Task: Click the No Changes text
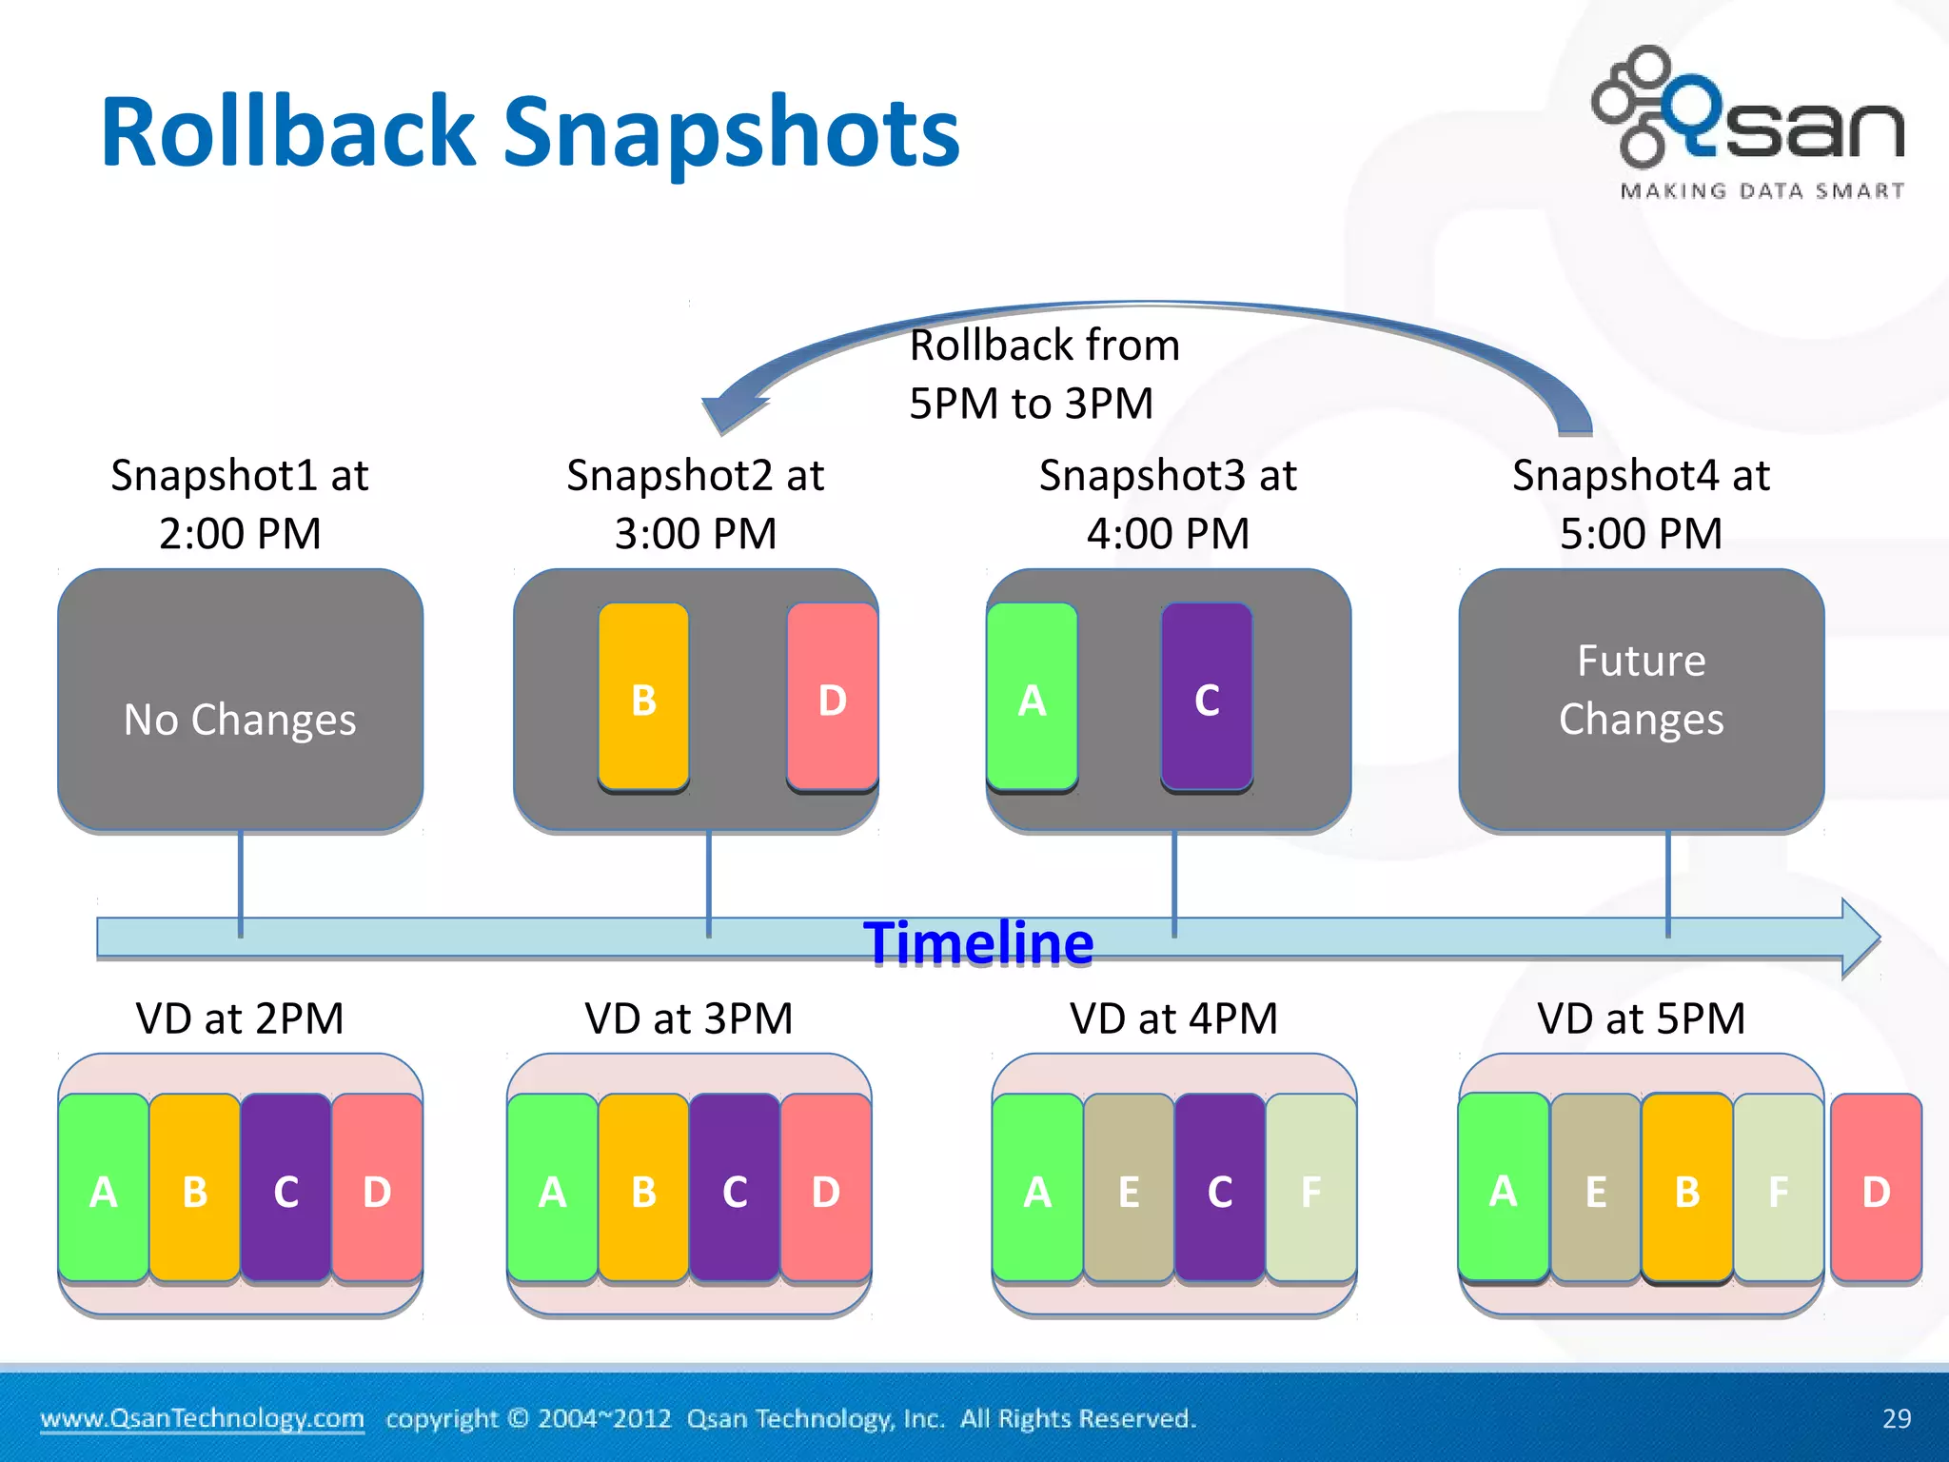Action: pyautogui.click(x=240, y=720)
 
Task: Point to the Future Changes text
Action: pyautogui.click(x=1641, y=690)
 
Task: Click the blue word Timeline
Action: pyautogui.click(x=978, y=943)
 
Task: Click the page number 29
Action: pyautogui.click(x=1896, y=1418)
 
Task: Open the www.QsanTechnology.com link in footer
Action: pyautogui.click(x=202, y=1418)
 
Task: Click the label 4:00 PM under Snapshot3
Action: pyautogui.click(x=1168, y=533)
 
